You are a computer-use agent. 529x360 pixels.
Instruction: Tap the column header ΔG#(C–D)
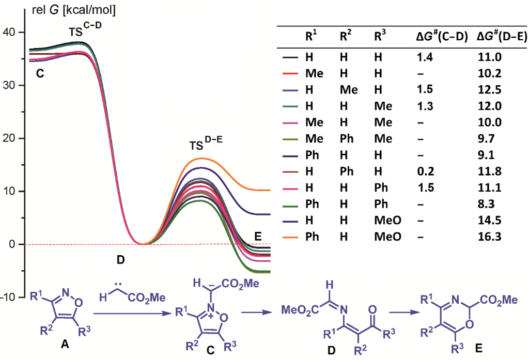442,37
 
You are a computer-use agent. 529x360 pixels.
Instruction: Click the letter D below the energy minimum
120,260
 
